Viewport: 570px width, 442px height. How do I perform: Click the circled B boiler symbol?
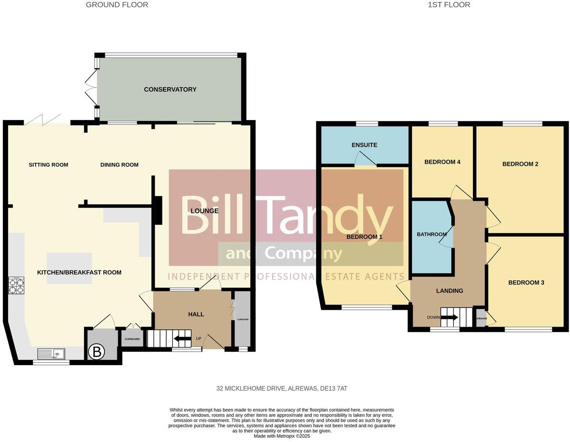click(x=97, y=352)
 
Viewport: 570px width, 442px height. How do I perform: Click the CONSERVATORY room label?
click(x=170, y=89)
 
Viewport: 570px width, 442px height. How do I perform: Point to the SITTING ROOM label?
click(x=49, y=165)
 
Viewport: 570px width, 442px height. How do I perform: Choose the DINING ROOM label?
click(x=119, y=165)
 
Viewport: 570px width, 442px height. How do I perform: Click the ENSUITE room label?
click(x=364, y=145)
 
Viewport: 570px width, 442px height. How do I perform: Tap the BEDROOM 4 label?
click(x=442, y=162)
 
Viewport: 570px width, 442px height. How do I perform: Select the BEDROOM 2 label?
click(x=520, y=164)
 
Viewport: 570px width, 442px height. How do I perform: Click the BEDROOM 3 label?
click(x=526, y=282)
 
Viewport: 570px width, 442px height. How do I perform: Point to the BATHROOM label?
click(x=432, y=234)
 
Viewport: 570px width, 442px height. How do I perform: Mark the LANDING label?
click(x=449, y=291)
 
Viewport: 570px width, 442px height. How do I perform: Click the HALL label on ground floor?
click(x=196, y=314)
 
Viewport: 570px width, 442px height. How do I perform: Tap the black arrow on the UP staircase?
click(x=182, y=339)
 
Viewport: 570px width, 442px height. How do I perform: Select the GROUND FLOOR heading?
click(x=117, y=5)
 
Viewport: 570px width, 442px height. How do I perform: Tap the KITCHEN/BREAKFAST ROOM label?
click(x=79, y=272)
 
